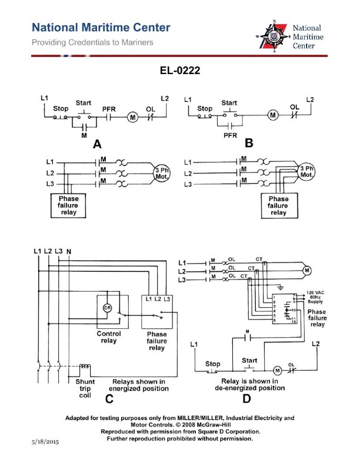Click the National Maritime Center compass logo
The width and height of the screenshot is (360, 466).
[274, 36]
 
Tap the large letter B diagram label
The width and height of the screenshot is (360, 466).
[248, 143]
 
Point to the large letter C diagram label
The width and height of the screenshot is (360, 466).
[109, 399]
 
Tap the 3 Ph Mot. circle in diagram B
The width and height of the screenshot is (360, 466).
[306, 172]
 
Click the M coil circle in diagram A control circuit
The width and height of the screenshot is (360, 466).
[132, 117]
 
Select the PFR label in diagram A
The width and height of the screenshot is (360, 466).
[109, 109]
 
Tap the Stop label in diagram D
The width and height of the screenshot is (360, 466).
[212, 364]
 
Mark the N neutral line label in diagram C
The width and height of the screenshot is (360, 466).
[69, 252]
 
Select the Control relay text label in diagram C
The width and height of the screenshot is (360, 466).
[109, 337]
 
